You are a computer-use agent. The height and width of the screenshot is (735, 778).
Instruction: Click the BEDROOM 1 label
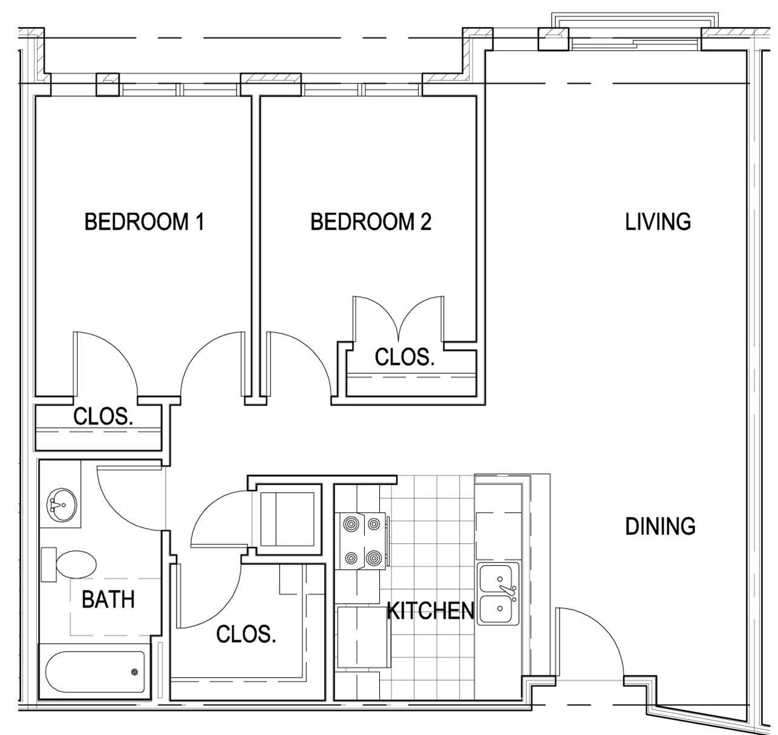pos(144,222)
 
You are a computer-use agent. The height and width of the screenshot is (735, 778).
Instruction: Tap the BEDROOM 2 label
pos(370,222)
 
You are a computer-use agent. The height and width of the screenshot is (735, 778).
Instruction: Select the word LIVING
pos(658,222)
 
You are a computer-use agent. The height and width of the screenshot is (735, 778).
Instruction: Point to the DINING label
pos(660,526)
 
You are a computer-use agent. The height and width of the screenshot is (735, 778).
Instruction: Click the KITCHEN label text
pos(430,611)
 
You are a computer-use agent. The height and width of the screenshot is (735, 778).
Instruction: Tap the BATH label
pos(108,600)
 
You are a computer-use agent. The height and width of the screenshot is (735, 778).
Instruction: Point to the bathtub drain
pos(134,672)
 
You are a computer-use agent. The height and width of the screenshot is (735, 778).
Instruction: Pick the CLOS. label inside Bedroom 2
pos(404,358)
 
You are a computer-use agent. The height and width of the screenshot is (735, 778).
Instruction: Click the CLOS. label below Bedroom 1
pos(103,416)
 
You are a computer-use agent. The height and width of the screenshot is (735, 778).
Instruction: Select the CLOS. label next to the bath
pos(246,634)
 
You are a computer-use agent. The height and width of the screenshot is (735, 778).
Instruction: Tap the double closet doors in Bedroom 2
pos(398,318)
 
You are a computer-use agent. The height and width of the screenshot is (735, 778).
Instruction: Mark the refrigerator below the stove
pos(362,636)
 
